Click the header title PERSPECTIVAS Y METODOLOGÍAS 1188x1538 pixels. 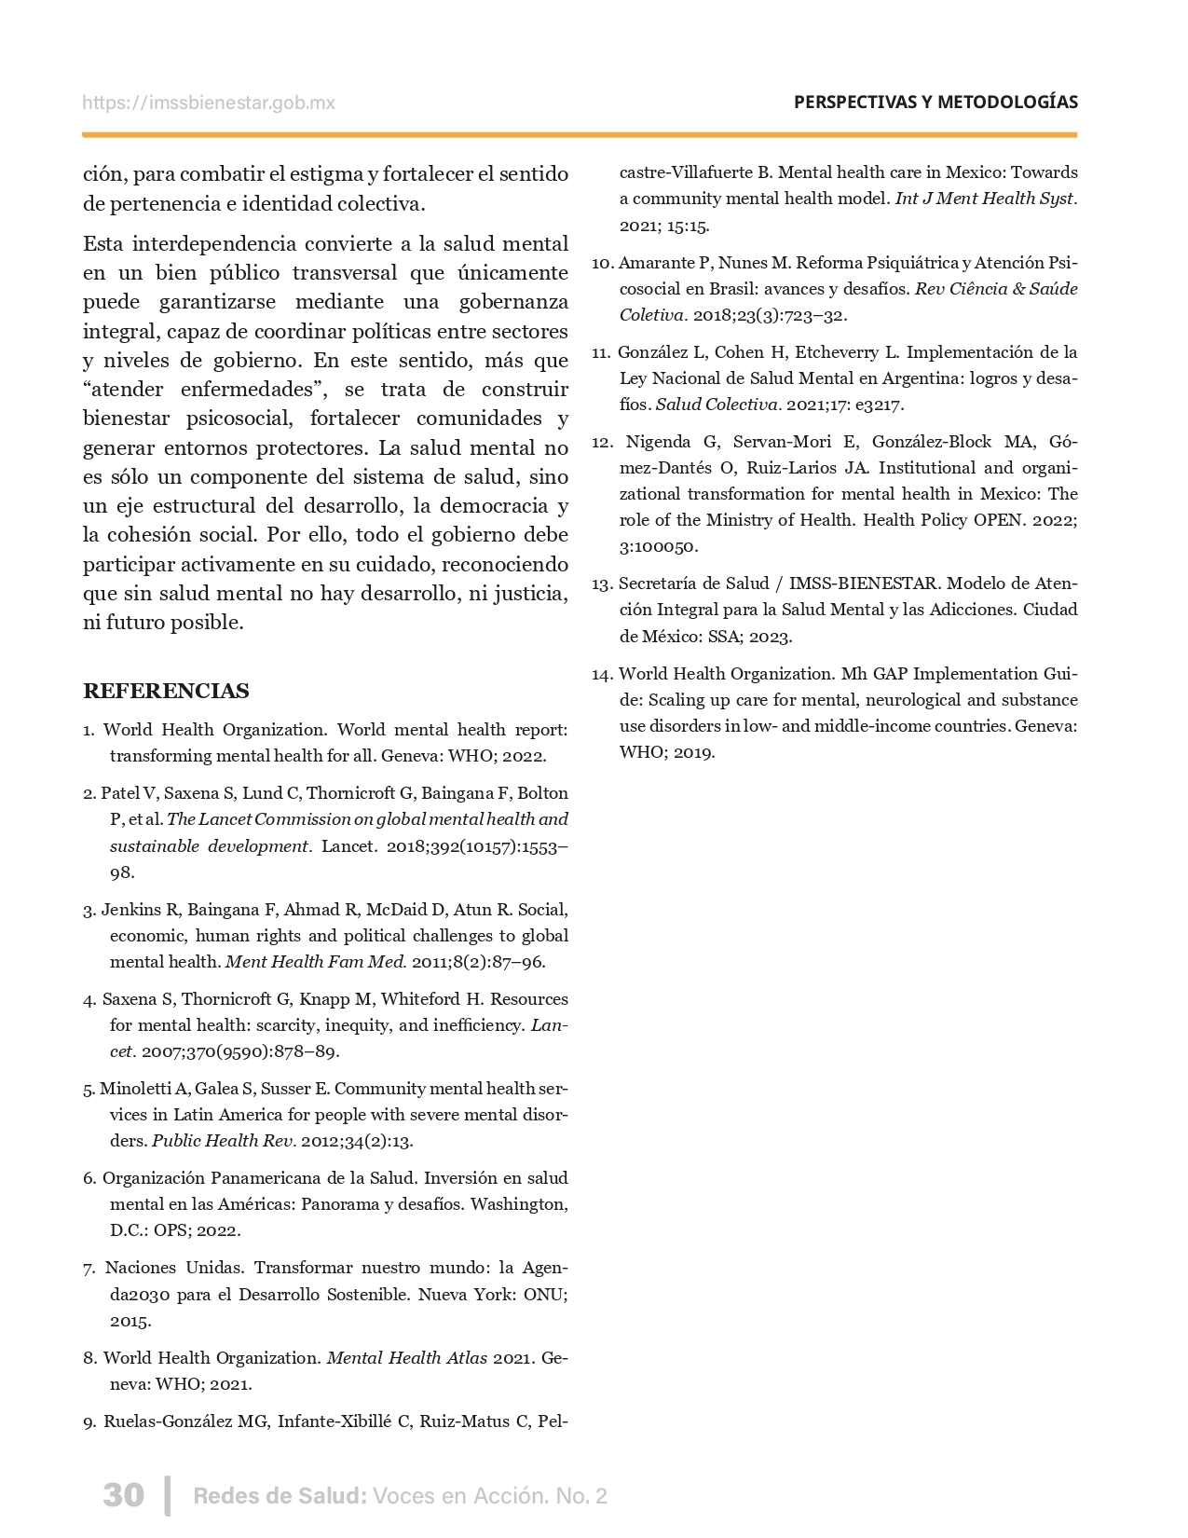coord(935,103)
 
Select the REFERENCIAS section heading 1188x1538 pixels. coord(166,691)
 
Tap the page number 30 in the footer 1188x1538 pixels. coord(123,1495)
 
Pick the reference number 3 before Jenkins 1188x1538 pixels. coord(89,910)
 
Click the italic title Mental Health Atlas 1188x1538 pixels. coord(406,1358)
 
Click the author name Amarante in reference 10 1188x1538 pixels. coord(657,263)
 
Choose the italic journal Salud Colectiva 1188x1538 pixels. coord(717,405)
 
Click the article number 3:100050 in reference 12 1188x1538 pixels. coord(658,546)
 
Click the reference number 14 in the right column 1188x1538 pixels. coord(601,674)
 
